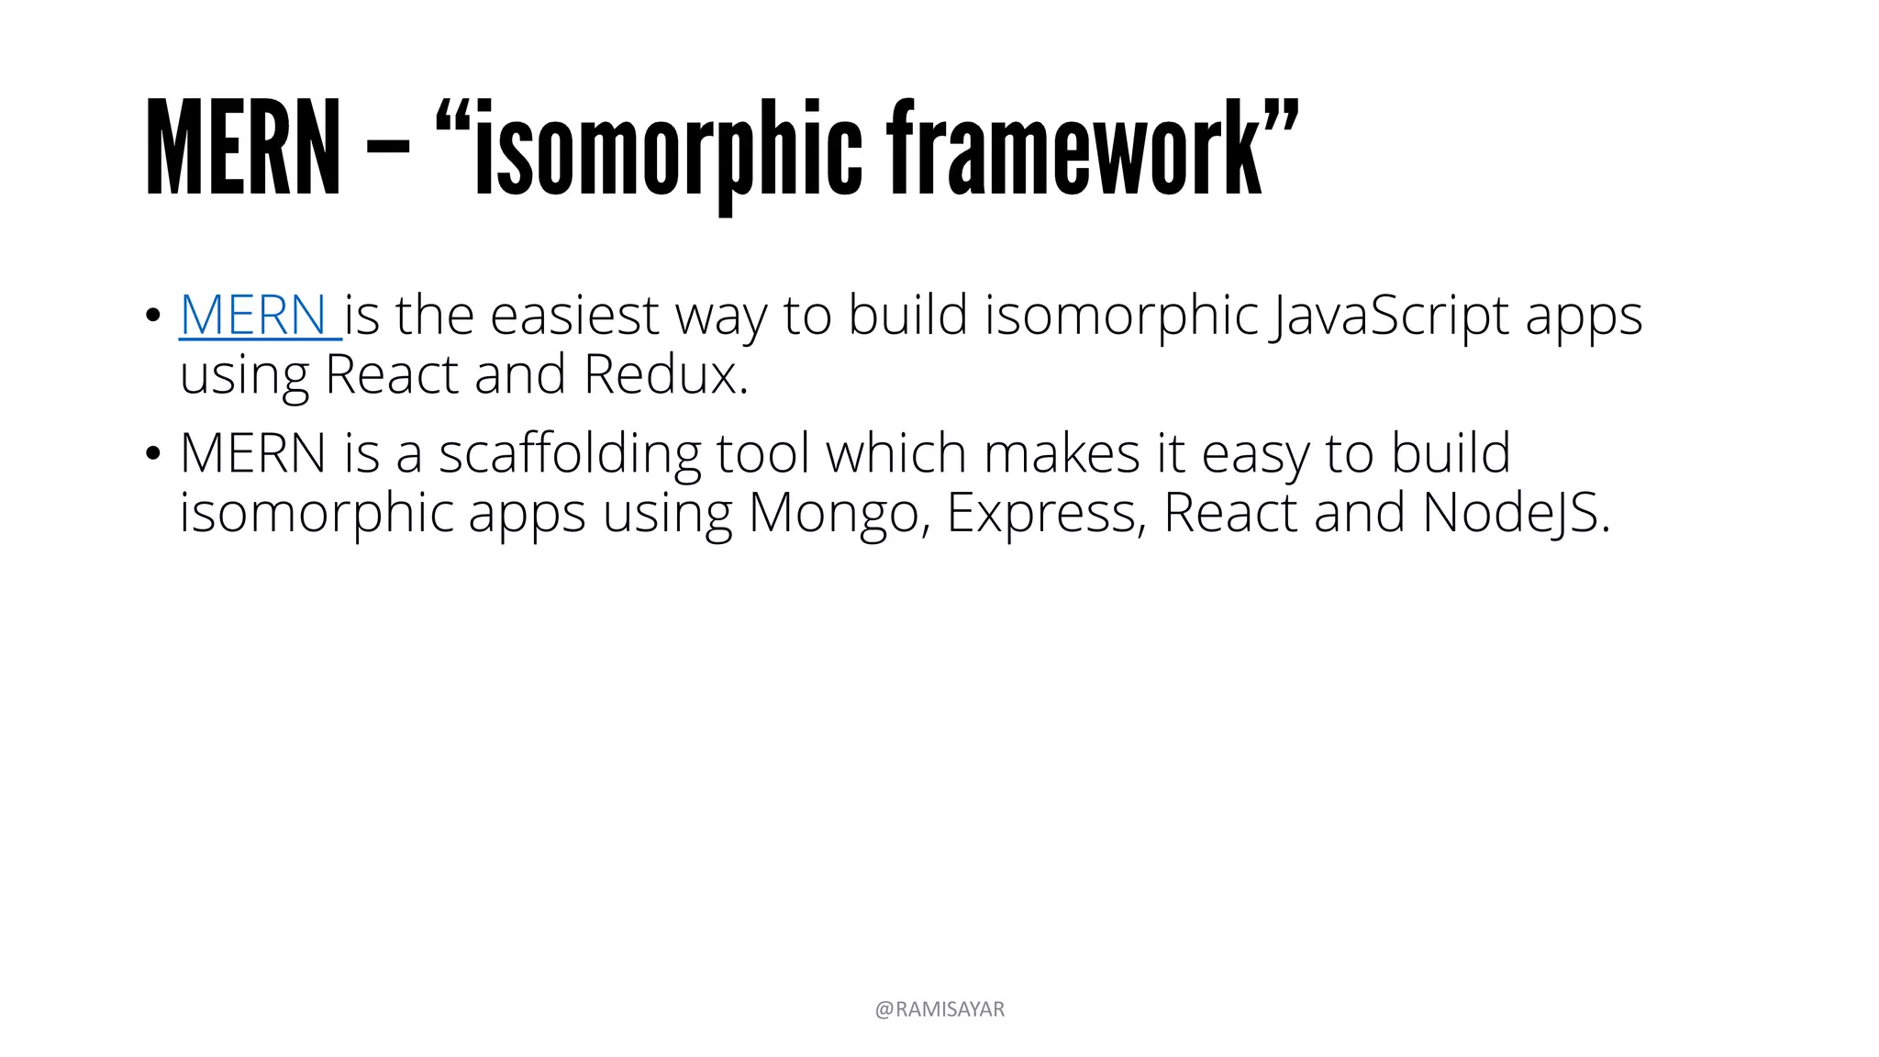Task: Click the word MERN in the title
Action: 243,149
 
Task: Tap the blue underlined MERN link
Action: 254,316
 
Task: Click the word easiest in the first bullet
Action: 574,316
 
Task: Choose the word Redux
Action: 665,375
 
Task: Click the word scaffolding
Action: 569,453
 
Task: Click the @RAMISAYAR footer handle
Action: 939,1009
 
